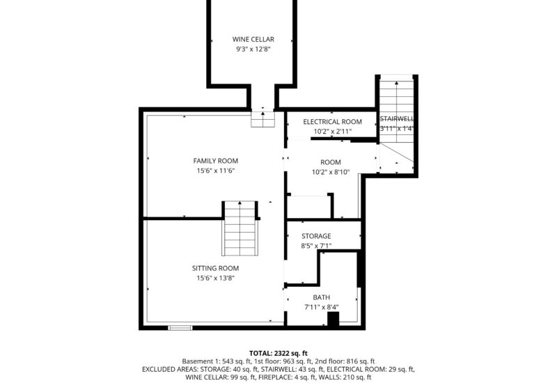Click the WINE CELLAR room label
point(253,40)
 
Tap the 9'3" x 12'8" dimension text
point(253,49)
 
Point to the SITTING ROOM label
point(215,268)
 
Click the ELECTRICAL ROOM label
point(332,122)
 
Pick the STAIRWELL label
point(397,119)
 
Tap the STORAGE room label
point(316,236)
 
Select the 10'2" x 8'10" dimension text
point(331,172)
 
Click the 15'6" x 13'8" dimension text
point(215,278)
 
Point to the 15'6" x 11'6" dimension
point(215,171)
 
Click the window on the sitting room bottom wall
point(180,327)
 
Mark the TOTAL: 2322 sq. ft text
point(278,352)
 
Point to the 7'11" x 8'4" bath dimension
point(321,307)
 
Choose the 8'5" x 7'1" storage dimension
point(316,246)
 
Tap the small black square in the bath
point(333,319)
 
